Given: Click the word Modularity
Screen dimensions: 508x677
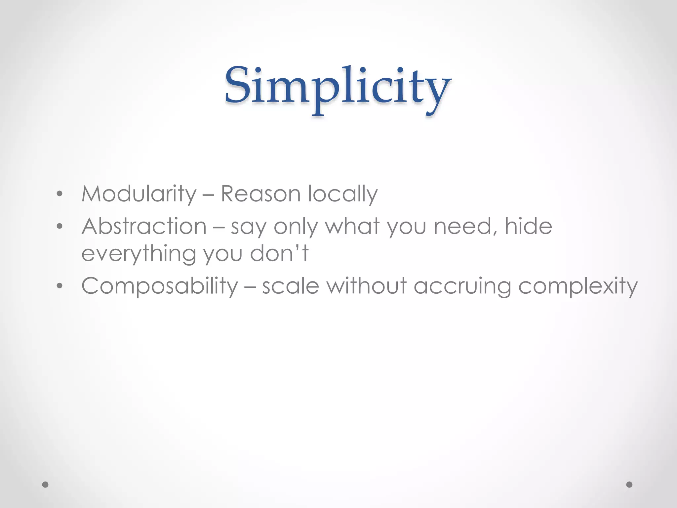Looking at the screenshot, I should pyautogui.click(x=139, y=194).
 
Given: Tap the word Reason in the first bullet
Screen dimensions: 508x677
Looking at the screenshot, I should pyautogui.click(x=260, y=194).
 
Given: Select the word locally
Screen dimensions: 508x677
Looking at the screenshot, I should pyautogui.click(x=342, y=194).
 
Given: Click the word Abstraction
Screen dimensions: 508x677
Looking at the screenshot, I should pyautogui.click(x=144, y=227).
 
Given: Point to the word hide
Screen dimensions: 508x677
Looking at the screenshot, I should pyautogui.click(x=528, y=227).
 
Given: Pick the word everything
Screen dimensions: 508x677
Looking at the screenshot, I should pyautogui.click(x=139, y=254).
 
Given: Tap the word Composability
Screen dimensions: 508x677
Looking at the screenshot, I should pyautogui.click(x=160, y=286).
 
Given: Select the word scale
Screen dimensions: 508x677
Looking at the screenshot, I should pyautogui.click(x=291, y=286).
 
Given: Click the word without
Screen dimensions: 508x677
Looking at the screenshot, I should pyautogui.click(x=367, y=286).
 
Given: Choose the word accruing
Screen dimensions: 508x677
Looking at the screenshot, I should pyautogui.click(x=462, y=286).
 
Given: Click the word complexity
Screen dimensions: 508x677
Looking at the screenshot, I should pyautogui.click(x=577, y=286).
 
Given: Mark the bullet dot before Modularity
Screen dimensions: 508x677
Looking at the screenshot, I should pyautogui.click(x=60, y=194).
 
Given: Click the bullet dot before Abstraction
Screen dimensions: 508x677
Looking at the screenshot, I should pyautogui.click(x=60, y=227).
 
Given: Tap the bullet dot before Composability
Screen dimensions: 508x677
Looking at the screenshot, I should pyautogui.click(x=60, y=286).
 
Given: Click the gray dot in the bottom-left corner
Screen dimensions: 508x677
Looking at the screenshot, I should pyautogui.click(x=46, y=485).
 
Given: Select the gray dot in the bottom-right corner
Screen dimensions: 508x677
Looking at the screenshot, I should pyautogui.click(x=629, y=485).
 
